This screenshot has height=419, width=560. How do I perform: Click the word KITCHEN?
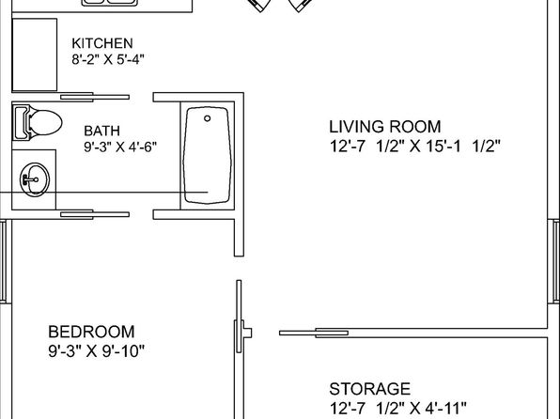[102, 43]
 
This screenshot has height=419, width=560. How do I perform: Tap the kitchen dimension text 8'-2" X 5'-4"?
[108, 59]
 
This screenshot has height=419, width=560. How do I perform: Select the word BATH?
[101, 131]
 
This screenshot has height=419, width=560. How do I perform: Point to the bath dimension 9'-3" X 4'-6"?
[120, 147]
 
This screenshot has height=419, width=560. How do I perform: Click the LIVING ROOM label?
[385, 127]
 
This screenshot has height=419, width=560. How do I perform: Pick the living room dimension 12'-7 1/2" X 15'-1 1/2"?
[415, 147]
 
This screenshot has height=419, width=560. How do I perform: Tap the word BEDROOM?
[91, 332]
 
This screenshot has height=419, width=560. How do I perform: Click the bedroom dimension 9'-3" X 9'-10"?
[97, 351]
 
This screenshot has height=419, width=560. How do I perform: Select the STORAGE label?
[369, 389]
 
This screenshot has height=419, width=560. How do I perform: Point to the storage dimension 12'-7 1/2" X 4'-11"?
[397, 409]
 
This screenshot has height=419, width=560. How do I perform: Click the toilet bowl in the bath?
[45, 122]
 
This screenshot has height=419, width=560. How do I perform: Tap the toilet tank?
[21, 122]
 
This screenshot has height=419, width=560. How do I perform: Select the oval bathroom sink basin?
[35, 179]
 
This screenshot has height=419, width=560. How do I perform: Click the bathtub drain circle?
[207, 118]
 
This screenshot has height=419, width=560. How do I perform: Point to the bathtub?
[207, 155]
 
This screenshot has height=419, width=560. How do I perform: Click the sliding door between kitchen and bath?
[95, 97]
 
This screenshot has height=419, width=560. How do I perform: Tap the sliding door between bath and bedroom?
[95, 214]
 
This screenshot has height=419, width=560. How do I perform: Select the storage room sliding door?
[314, 334]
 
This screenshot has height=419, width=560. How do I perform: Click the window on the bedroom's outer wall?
[3, 261]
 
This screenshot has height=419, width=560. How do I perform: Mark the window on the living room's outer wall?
[556, 261]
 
